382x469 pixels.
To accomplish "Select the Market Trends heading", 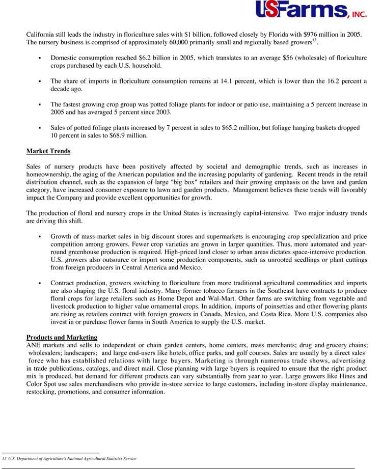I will [x=48, y=151].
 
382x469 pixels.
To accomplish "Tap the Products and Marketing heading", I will [x=62, y=338].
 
